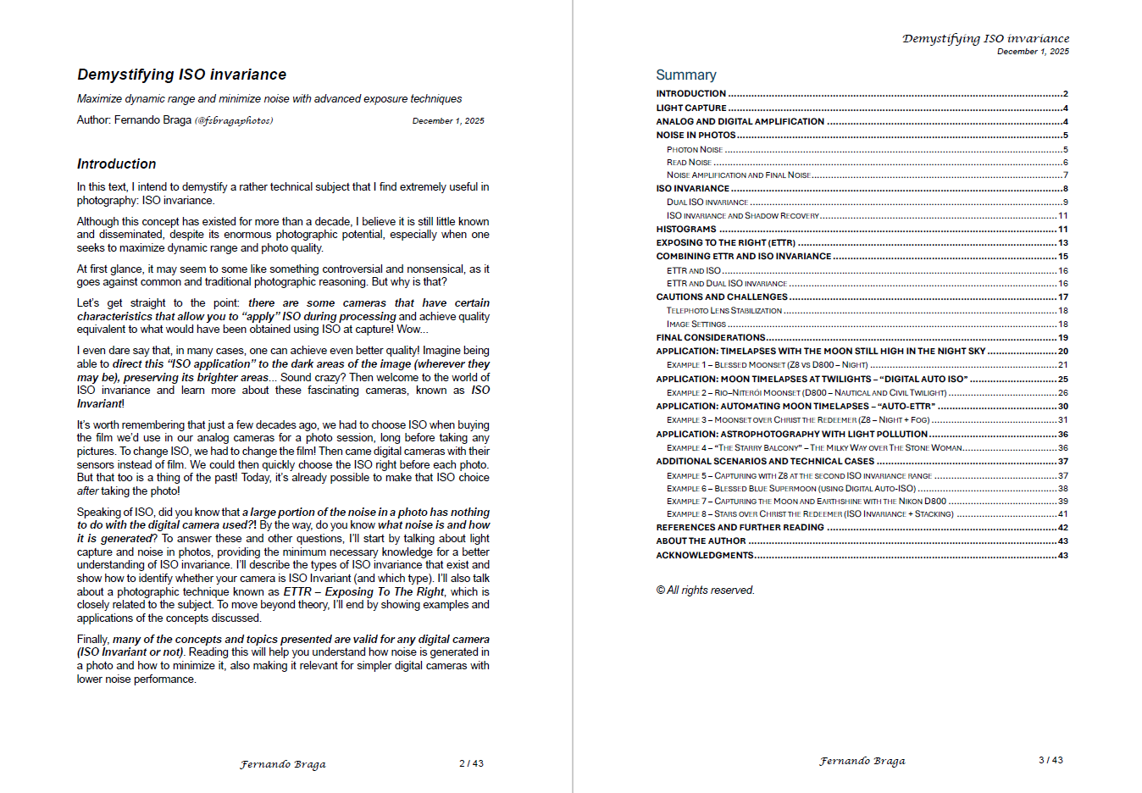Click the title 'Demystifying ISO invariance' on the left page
tap(181, 75)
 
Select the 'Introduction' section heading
tap(116, 164)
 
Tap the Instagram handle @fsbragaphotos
tap(234, 120)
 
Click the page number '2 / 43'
tap(471, 763)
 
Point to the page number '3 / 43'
tap(1051, 760)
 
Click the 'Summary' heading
tap(685, 75)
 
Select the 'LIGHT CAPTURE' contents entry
tap(690, 108)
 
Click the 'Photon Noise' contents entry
tap(695, 149)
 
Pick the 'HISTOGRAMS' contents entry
tap(686, 229)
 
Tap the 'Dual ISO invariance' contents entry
tap(707, 202)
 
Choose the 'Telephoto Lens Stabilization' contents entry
tap(723, 310)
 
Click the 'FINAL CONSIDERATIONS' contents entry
tap(710, 337)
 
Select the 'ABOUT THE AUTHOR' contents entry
tap(701, 541)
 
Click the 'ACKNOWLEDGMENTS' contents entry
tap(704, 555)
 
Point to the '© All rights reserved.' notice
tap(705, 590)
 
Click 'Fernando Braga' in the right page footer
tap(862, 761)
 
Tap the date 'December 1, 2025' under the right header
tap(1033, 52)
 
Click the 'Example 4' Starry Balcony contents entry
tap(813, 447)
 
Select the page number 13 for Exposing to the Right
tap(1062, 242)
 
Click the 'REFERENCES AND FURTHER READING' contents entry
tap(740, 527)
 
